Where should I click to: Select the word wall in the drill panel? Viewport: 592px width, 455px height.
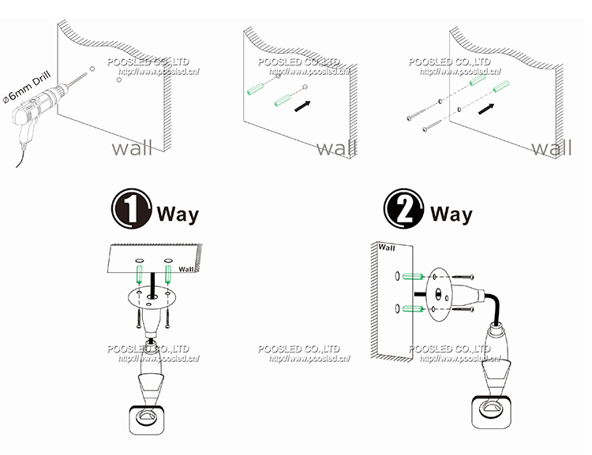click(132, 147)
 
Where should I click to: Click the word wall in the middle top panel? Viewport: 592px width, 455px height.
click(337, 147)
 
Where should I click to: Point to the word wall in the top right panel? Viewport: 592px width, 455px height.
click(552, 147)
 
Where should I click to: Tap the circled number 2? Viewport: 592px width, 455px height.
click(403, 211)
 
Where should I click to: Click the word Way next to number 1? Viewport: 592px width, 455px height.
click(178, 213)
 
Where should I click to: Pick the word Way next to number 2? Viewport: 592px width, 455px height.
click(451, 213)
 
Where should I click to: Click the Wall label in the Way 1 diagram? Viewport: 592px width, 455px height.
click(186, 268)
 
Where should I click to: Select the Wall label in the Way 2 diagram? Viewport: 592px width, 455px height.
click(387, 247)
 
